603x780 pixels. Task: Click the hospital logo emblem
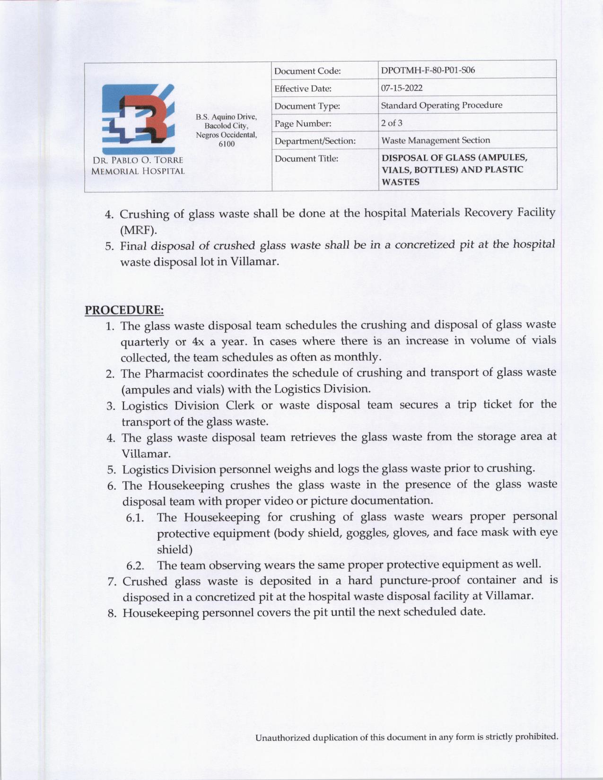(x=138, y=116)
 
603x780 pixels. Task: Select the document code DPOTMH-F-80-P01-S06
(x=428, y=70)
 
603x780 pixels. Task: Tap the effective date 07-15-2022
(x=402, y=88)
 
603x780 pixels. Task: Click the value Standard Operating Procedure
(x=441, y=105)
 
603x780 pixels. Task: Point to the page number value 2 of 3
(x=392, y=123)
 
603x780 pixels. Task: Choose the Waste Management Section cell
(x=435, y=140)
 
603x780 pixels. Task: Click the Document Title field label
(x=306, y=158)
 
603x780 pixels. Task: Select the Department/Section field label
(x=315, y=141)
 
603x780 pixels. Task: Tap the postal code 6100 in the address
(x=227, y=144)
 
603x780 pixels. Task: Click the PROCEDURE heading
(x=124, y=310)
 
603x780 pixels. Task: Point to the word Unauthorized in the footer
(x=280, y=737)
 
